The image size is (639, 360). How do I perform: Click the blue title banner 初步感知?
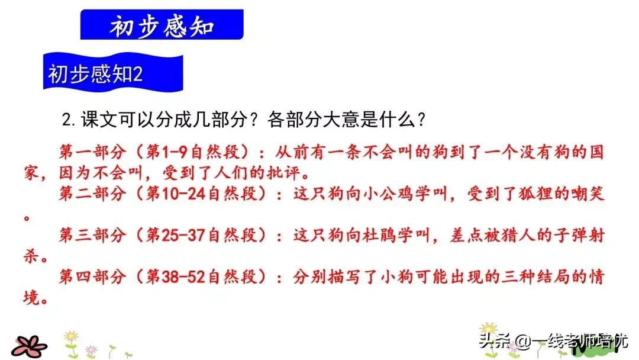pyautogui.click(x=162, y=27)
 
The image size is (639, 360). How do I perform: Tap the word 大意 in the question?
pyautogui.click(x=337, y=120)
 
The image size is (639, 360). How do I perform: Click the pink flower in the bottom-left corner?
pyautogui.click(x=30, y=345)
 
